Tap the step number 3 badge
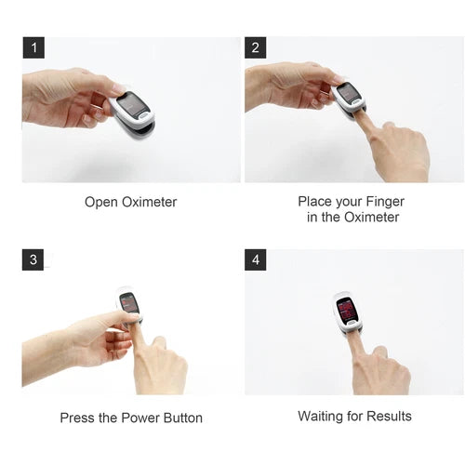click(x=33, y=259)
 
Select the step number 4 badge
click(x=256, y=259)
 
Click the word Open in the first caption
click(x=102, y=202)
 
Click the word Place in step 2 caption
click(x=315, y=201)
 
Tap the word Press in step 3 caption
click(x=77, y=418)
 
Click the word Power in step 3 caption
click(x=139, y=418)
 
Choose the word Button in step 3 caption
click(x=183, y=418)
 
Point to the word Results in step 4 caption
click(x=388, y=416)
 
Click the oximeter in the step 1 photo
click(x=132, y=111)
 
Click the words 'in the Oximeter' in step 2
click(x=352, y=218)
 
